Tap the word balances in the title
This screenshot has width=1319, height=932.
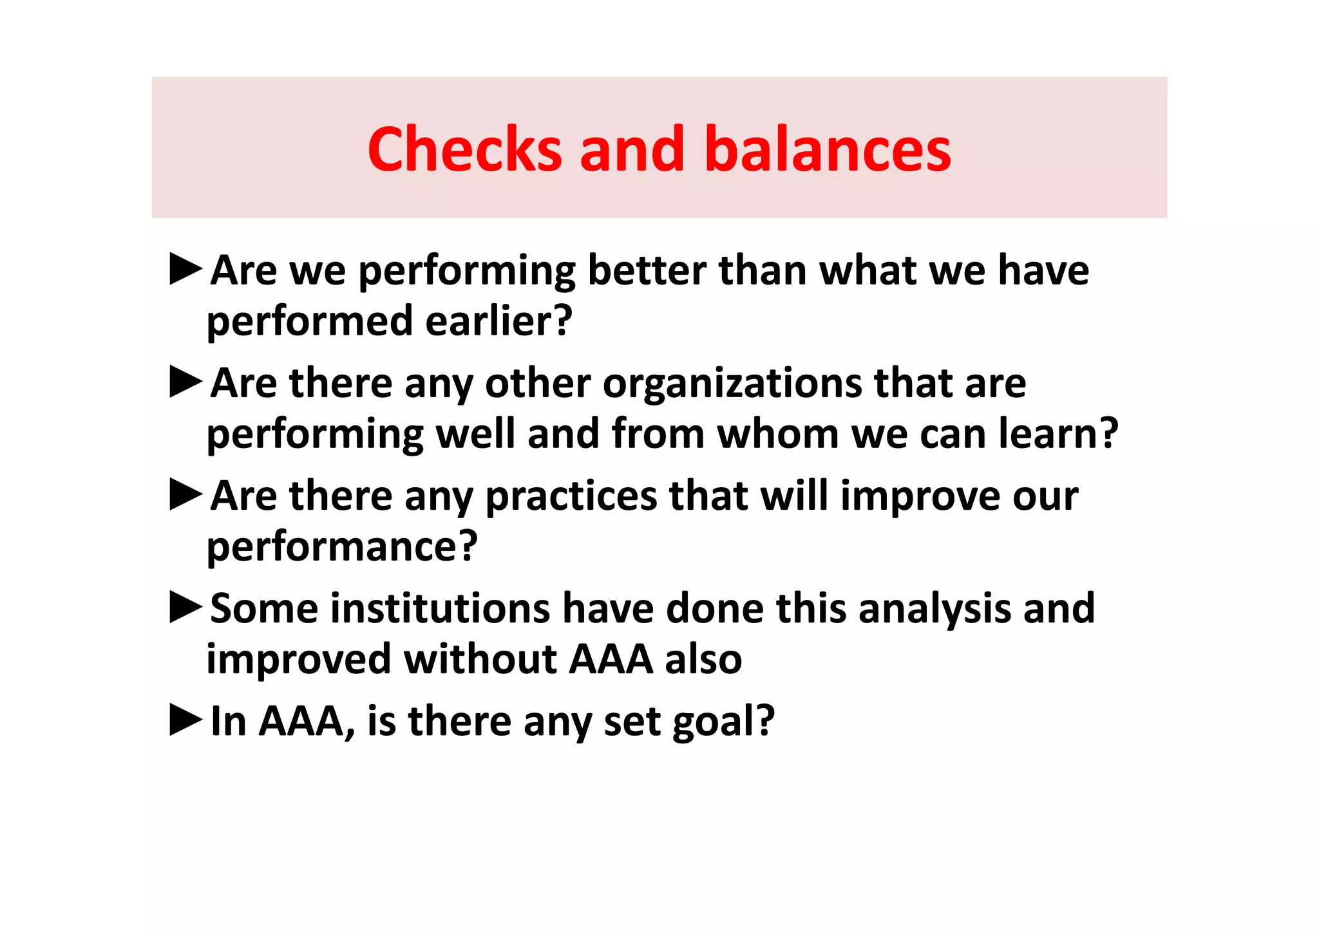coord(828,149)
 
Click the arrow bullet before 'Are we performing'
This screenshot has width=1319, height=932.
coord(186,269)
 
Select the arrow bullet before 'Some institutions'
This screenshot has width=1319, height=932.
coord(186,608)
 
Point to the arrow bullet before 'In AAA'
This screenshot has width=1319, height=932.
coord(186,720)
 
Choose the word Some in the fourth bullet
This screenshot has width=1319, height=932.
coord(264,608)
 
